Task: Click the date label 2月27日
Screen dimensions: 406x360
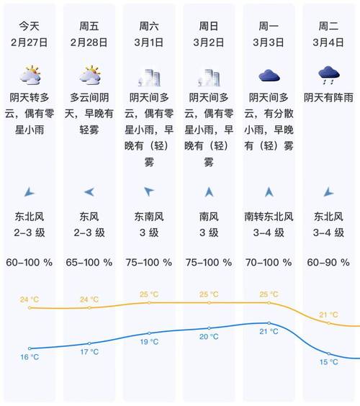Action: click(30, 41)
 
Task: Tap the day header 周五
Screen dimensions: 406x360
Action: click(89, 25)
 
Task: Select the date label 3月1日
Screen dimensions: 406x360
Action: click(149, 41)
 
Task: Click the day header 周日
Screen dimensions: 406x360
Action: click(209, 25)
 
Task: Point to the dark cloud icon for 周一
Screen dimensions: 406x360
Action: click(269, 75)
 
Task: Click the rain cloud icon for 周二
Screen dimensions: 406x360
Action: click(328, 73)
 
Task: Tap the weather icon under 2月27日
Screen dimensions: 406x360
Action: click(30, 75)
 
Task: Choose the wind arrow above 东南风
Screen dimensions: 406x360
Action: click(149, 191)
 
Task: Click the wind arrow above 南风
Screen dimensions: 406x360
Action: click(209, 191)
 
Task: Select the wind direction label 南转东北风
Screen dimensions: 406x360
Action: click(269, 216)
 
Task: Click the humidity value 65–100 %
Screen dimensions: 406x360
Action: click(89, 263)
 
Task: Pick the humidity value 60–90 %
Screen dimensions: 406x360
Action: click(328, 263)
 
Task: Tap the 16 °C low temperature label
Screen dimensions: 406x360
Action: click(30, 357)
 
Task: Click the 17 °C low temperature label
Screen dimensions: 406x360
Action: click(89, 352)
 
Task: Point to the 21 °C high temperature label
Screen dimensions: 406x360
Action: click(328, 315)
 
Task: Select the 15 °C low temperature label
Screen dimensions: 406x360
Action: click(328, 362)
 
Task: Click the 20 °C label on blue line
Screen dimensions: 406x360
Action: click(209, 337)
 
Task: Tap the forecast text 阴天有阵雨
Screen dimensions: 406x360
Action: click(328, 97)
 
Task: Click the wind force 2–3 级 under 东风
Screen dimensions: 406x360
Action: click(89, 232)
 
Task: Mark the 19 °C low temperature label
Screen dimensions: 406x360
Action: click(149, 341)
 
